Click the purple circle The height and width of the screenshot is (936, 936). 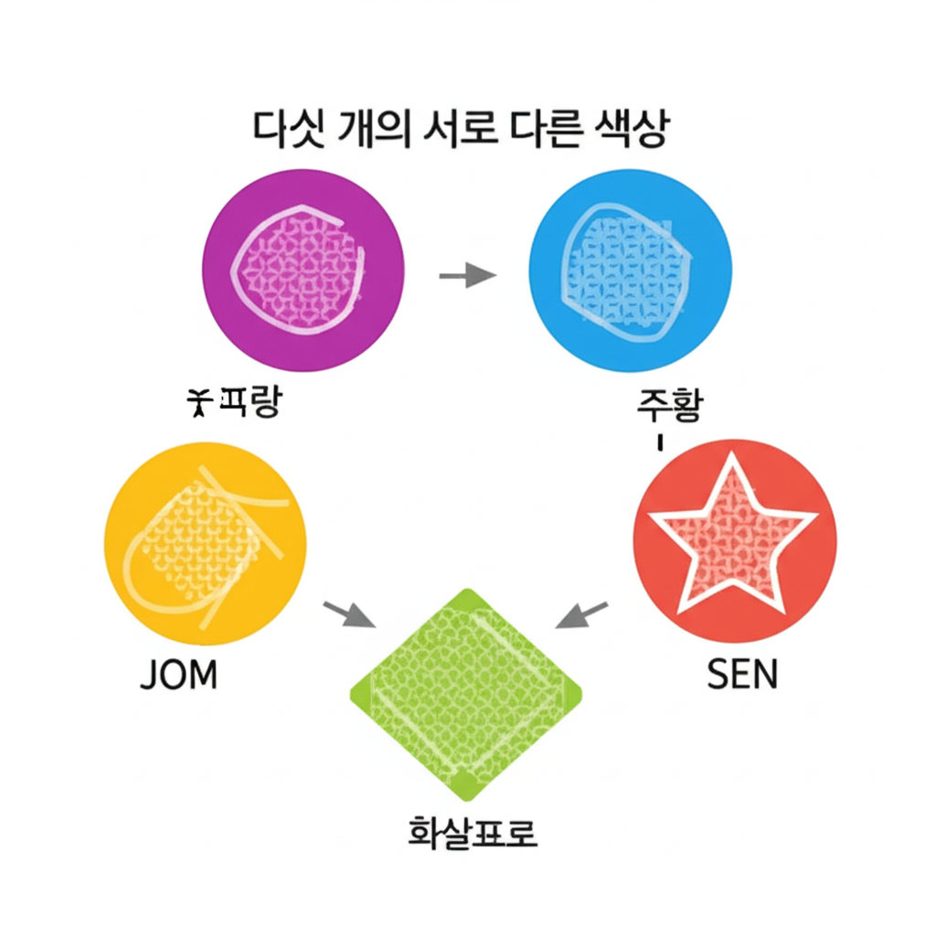302,271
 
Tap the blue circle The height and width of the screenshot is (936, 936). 630,271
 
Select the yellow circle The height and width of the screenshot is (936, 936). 206,546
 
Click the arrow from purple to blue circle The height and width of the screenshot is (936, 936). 466,275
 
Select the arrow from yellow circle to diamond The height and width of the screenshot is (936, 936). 349,614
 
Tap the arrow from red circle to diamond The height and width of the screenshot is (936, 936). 582,615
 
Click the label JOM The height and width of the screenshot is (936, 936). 179,675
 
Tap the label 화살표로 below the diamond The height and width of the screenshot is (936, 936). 471,834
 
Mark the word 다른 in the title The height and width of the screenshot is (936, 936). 541,130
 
